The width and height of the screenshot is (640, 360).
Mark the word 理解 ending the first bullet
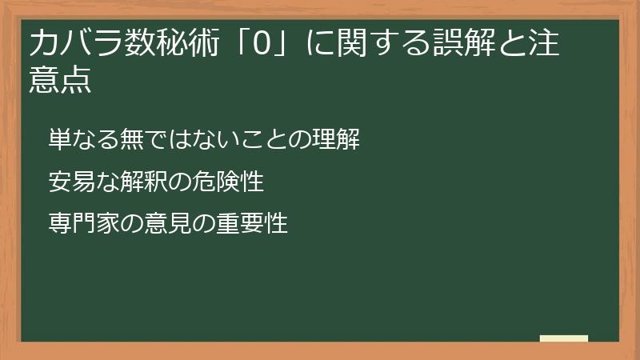click(x=334, y=139)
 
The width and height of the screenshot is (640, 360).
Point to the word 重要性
click(x=250, y=224)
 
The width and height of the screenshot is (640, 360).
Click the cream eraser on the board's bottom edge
click(x=563, y=339)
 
